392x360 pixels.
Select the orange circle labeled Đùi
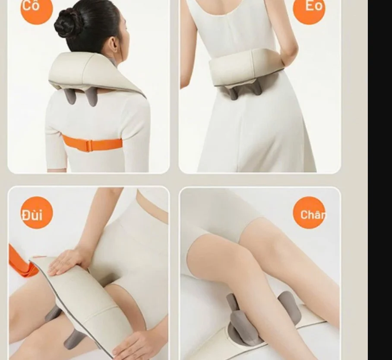pos(37,213)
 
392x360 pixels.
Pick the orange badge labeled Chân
pos(309,213)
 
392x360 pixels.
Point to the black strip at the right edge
pos(380,180)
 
